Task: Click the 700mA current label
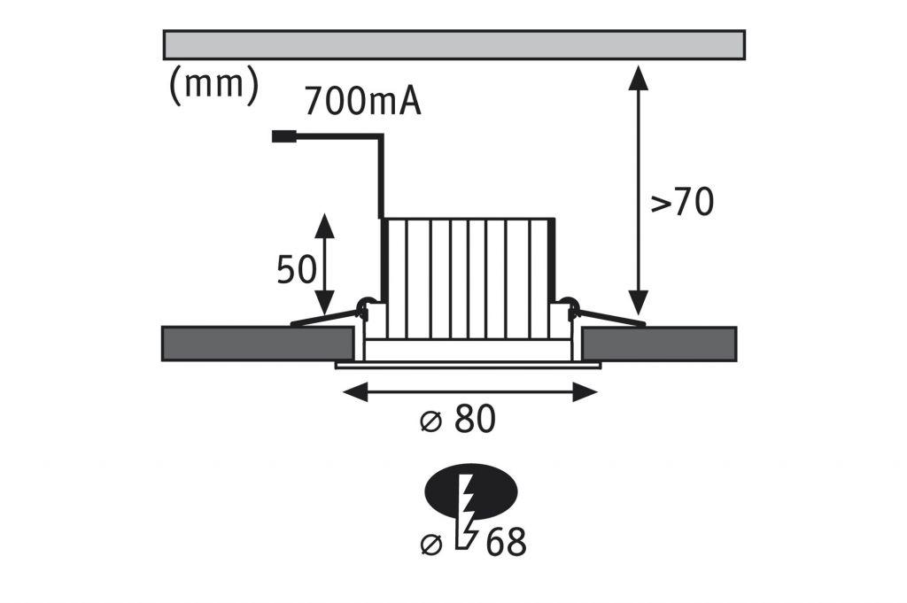point(362,102)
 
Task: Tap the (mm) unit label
point(213,86)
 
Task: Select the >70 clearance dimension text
point(682,203)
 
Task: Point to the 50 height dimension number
point(296,270)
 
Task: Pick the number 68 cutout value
point(506,543)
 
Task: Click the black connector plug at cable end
point(284,136)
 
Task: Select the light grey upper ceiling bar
point(453,44)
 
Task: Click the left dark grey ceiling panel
point(257,344)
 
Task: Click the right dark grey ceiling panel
point(659,344)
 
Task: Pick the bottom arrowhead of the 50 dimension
point(325,299)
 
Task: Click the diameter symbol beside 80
point(430,422)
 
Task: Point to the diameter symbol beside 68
point(430,545)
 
